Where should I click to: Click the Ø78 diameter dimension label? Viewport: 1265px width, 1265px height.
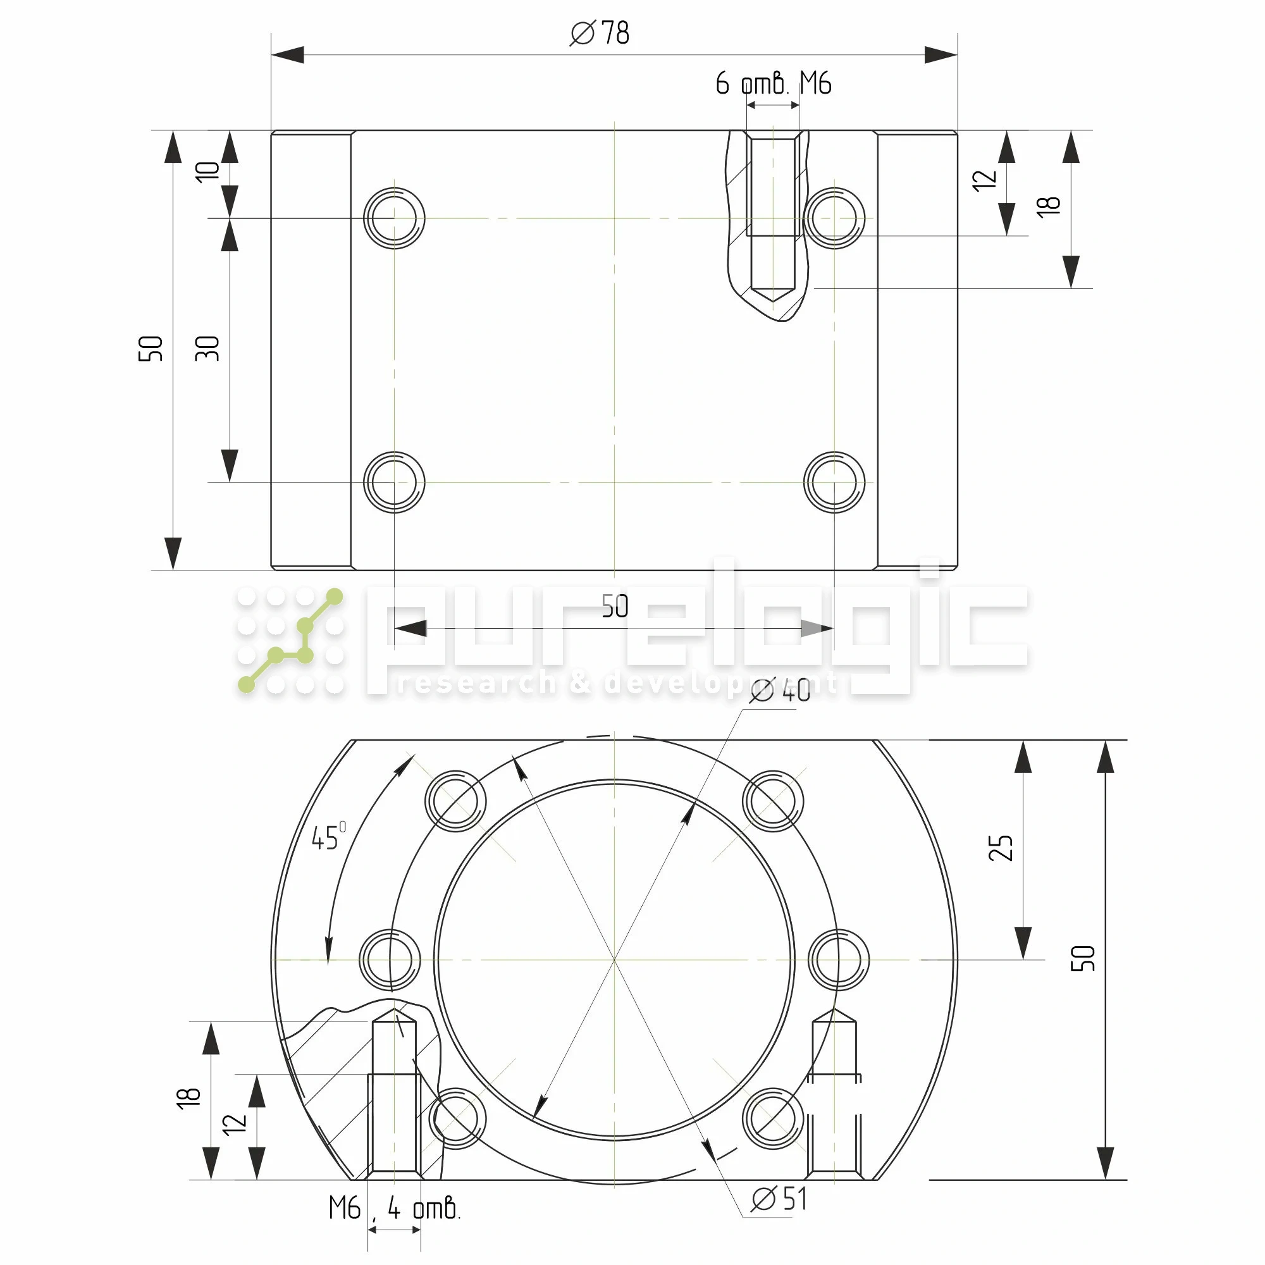[599, 33]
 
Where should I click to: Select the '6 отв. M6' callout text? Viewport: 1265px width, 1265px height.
[774, 84]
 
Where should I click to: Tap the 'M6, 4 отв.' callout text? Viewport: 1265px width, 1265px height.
[395, 1208]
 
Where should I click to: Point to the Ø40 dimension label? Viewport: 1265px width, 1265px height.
[780, 691]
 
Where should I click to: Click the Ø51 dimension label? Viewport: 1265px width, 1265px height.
[779, 1199]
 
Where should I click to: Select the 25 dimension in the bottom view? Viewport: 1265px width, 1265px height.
[1001, 848]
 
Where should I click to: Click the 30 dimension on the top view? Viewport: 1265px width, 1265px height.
[207, 349]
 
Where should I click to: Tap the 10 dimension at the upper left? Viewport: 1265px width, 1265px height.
[207, 171]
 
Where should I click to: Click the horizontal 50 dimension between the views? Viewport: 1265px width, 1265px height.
[615, 607]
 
